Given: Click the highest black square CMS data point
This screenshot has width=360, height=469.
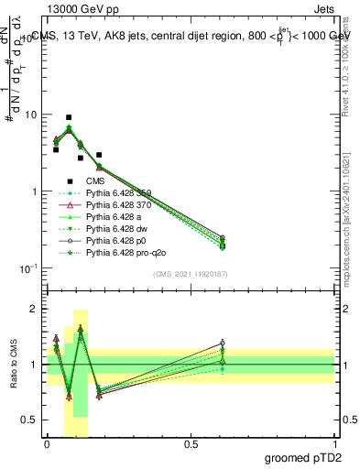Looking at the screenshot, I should tap(69, 117).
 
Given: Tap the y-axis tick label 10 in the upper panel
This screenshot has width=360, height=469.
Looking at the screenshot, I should tap(30, 115).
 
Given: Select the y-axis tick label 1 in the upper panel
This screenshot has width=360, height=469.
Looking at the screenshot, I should tap(34, 191).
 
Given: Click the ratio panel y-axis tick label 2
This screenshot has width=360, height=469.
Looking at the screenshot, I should tap(36, 309).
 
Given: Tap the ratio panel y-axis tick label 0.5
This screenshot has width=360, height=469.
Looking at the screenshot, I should tap(31, 420).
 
